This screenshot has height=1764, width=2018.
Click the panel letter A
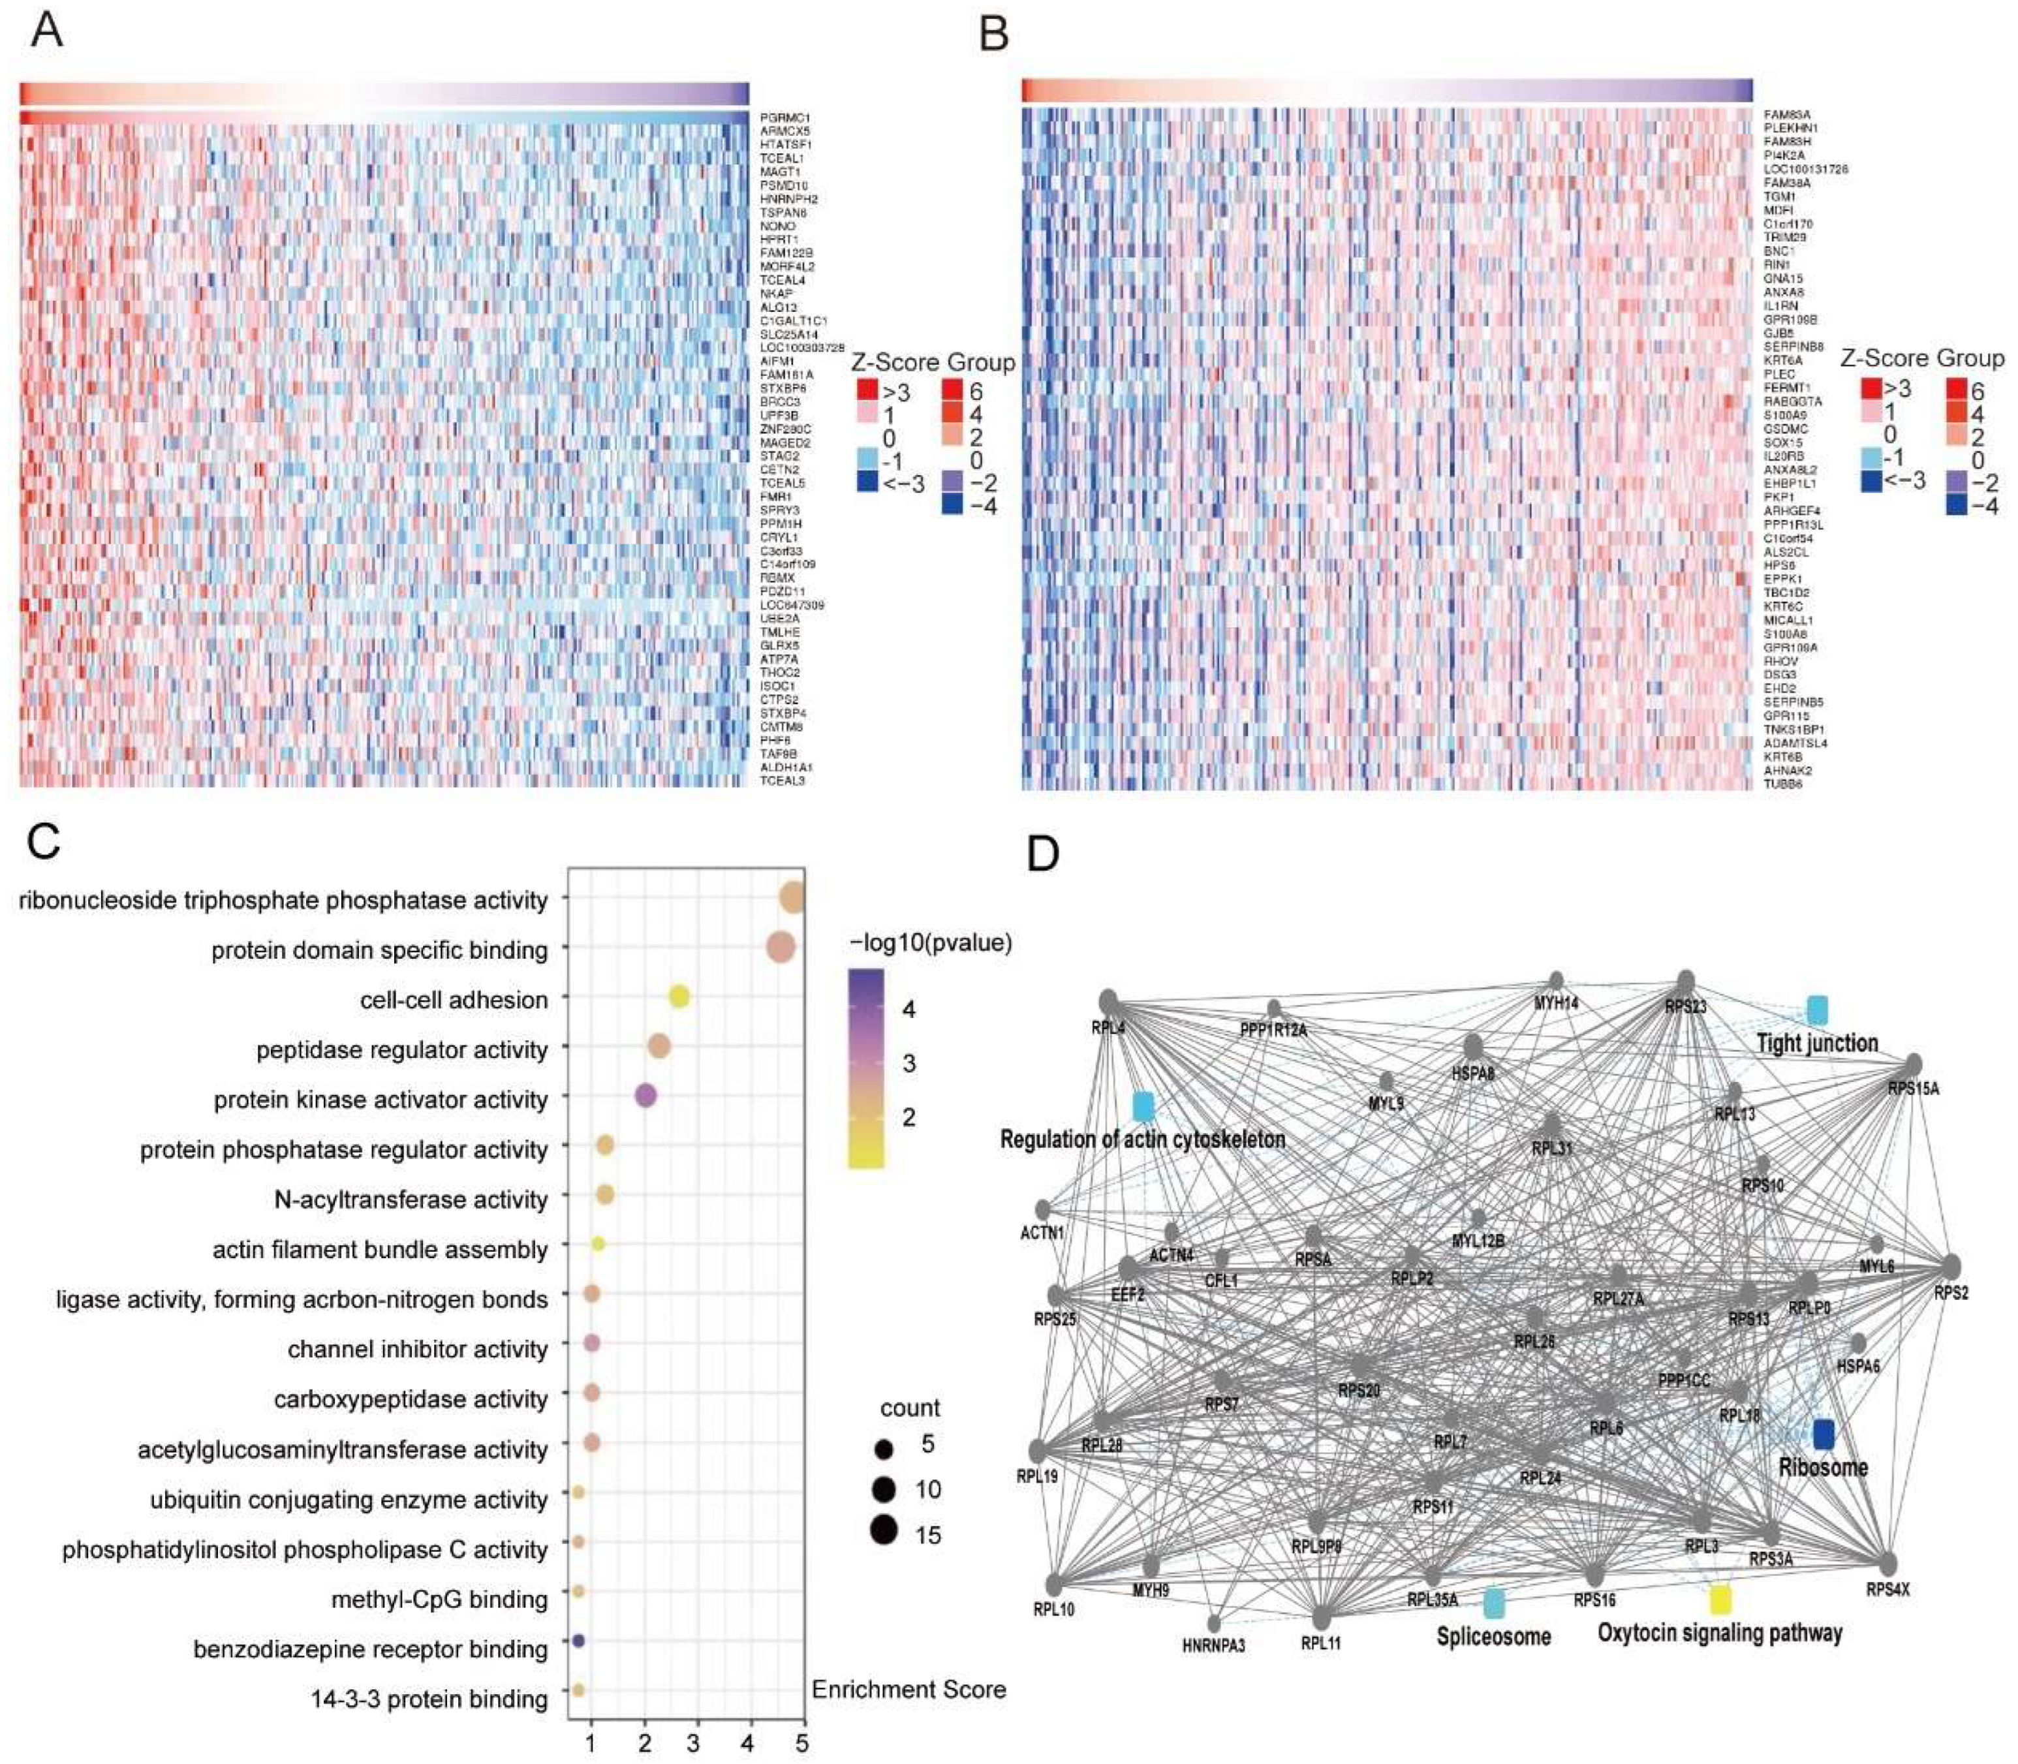click(46, 29)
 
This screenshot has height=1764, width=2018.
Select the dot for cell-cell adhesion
click(678, 997)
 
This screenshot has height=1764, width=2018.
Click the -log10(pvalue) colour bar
click(865, 1068)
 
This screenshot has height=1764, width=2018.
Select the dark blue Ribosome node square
click(1823, 1434)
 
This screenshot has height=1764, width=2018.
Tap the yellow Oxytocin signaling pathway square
click(1720, 1600)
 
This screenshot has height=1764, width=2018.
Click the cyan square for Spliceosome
click(1493, 1603)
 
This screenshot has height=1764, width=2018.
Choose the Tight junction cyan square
click(1817, 1009)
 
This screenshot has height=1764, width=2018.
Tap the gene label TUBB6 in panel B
click(1783, 784)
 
